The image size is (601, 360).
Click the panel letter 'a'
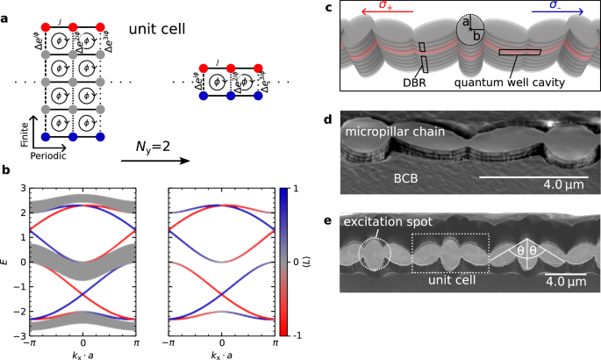coord(5,10)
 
